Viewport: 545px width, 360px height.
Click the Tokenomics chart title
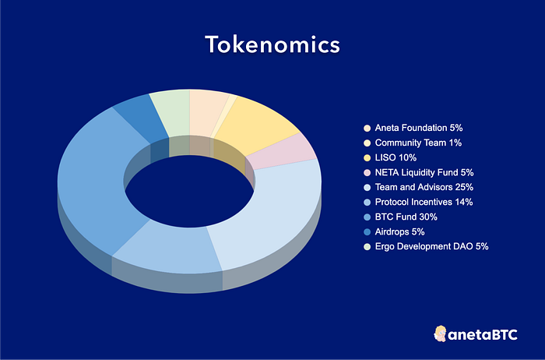pos(272,44)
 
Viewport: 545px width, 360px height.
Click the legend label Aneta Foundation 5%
pos(419,128)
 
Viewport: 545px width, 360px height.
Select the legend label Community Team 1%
pos(418,143)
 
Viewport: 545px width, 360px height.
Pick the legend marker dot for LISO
pos(367,158)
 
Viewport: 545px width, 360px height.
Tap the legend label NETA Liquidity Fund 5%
pos(424,172)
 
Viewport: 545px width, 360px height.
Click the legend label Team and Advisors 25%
pos(424,187)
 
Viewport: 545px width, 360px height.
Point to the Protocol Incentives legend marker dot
pos(367,203)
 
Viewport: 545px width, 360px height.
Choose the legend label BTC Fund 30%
pos(406,217)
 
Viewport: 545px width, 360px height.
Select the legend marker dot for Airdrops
pos(367,232)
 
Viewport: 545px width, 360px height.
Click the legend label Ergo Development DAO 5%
pos(431,246)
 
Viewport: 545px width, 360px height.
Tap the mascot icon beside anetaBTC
pos(440,334)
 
